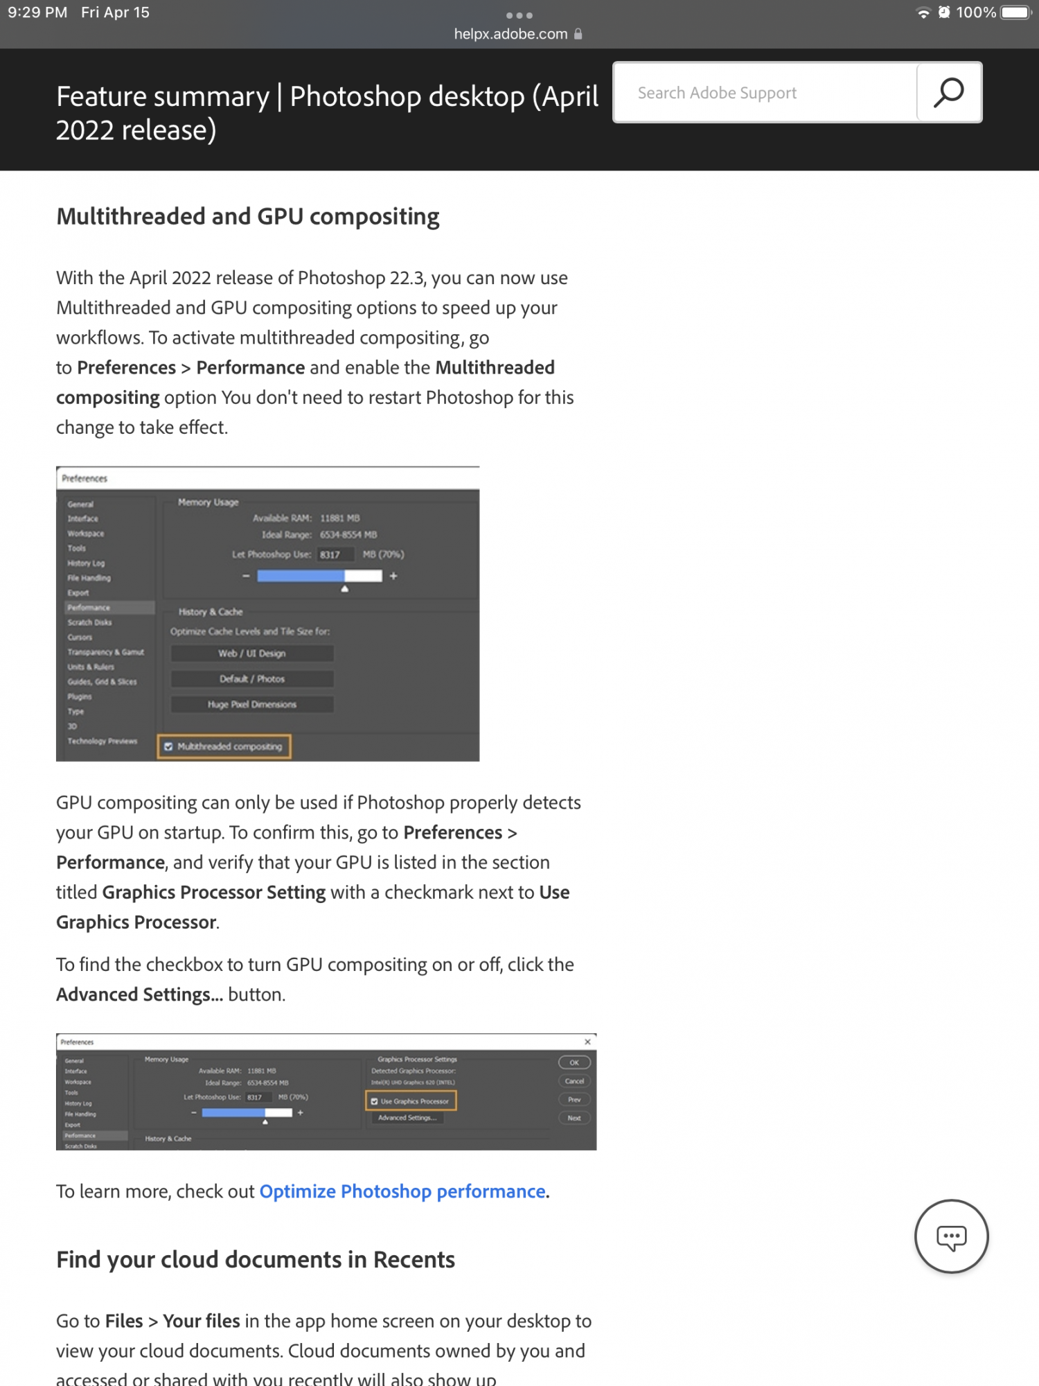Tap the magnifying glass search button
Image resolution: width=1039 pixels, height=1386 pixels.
coord(948,92)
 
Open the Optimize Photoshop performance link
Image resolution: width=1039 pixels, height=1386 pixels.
coord(402,1191)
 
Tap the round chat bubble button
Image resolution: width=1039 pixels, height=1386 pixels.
coord(951,1236)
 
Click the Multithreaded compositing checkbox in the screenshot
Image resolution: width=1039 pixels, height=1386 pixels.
coord(168,746)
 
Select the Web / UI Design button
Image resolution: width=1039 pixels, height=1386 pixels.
coord(251,653)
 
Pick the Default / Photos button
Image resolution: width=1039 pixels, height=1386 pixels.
coord(251,679)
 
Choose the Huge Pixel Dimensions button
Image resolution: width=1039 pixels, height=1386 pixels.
coord(251,705)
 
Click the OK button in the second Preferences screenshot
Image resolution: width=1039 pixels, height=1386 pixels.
coord(574,1062)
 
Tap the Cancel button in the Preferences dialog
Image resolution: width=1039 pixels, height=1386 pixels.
coord(574,1081)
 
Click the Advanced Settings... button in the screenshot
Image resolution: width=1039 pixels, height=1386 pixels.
coord(407,1118)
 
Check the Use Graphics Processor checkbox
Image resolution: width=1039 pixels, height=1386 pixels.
coord(375,1101)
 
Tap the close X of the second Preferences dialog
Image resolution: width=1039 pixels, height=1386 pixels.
coord(587,1042)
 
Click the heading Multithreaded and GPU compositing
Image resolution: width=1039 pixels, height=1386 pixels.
coord(248,217)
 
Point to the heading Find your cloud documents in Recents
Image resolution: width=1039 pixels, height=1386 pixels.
coord(256,1259)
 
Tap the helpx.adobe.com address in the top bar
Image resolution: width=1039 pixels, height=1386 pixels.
coord(511,34)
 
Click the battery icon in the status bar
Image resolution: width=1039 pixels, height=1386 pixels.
coord(1016,12)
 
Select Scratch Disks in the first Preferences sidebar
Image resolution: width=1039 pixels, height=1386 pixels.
coord(89,622)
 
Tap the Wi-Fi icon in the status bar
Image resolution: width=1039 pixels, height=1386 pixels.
coord(923,12)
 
